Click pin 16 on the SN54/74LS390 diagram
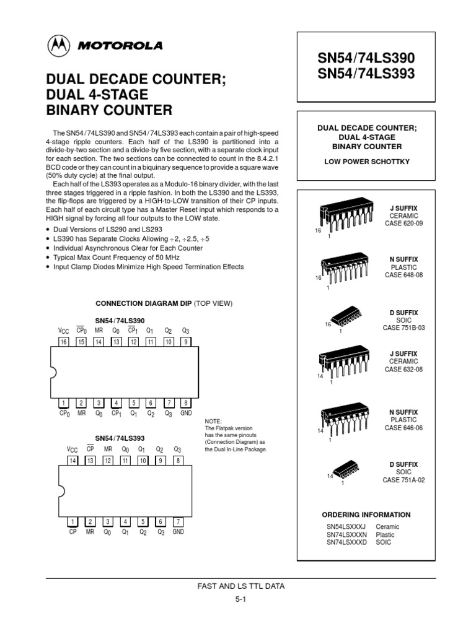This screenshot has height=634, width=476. pyautogui.click(x=64, y=342)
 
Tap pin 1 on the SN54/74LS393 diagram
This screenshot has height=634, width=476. pyautogui.click(x=73, y=521)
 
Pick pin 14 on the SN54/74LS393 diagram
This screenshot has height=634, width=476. pyautogui.click(x=73, y=461)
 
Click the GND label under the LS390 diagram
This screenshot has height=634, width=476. pyautogui.click(x=187, y=413)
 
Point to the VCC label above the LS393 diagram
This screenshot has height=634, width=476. pyautogui.click(x=73, y=450)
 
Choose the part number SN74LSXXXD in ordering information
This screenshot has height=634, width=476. pyautogui.click(x=346, y=542)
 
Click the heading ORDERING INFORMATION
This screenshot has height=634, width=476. pyautogui.click(x=366, y=515)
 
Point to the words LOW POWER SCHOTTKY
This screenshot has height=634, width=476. pyautogui.click(x=366, y=162)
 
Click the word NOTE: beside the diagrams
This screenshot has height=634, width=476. pyautogui.click(x=213, y=421)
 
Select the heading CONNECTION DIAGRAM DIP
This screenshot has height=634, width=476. pyautogui.click(x=143, y=303)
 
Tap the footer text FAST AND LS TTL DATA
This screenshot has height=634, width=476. pyautogui.click(x=240, y=586)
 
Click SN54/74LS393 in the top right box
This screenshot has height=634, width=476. pyautogui.click(x=366, y=74)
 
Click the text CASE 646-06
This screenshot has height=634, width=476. pyautogui.click(x=403, y=428)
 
